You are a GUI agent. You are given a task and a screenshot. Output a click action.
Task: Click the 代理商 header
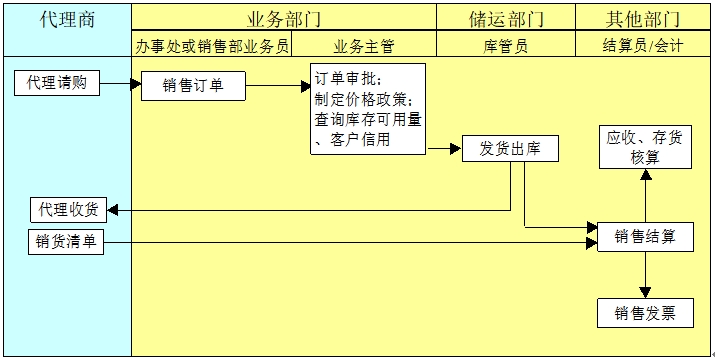tap(67, 19)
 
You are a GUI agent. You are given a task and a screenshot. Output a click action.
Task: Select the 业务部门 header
tap(284, 19)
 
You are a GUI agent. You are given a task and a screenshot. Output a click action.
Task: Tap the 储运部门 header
tap(506, 19)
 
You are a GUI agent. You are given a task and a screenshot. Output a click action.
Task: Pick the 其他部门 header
tap(643, 19)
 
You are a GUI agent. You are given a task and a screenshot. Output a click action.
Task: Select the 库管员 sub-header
tap(506, 46)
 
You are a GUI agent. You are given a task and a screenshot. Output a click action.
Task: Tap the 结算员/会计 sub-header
tap(643, 46)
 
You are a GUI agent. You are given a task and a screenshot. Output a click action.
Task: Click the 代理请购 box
tap(64, 83)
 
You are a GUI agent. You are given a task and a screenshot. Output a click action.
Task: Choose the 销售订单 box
tap(193, 86)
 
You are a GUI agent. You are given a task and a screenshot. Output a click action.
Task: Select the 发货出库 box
tap(510, 149)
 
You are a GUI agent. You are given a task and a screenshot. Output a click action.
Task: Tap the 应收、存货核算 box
tap(645, 147)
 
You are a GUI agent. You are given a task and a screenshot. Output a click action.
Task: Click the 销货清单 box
tap(66, 241)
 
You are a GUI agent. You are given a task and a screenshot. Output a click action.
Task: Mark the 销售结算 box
tap(645, 237)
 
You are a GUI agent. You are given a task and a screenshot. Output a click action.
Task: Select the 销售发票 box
tap(645, 313)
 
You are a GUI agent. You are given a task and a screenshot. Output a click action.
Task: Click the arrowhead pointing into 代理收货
tap(113, 210)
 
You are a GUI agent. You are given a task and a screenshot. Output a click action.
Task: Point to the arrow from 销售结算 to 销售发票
tap(645, 275)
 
